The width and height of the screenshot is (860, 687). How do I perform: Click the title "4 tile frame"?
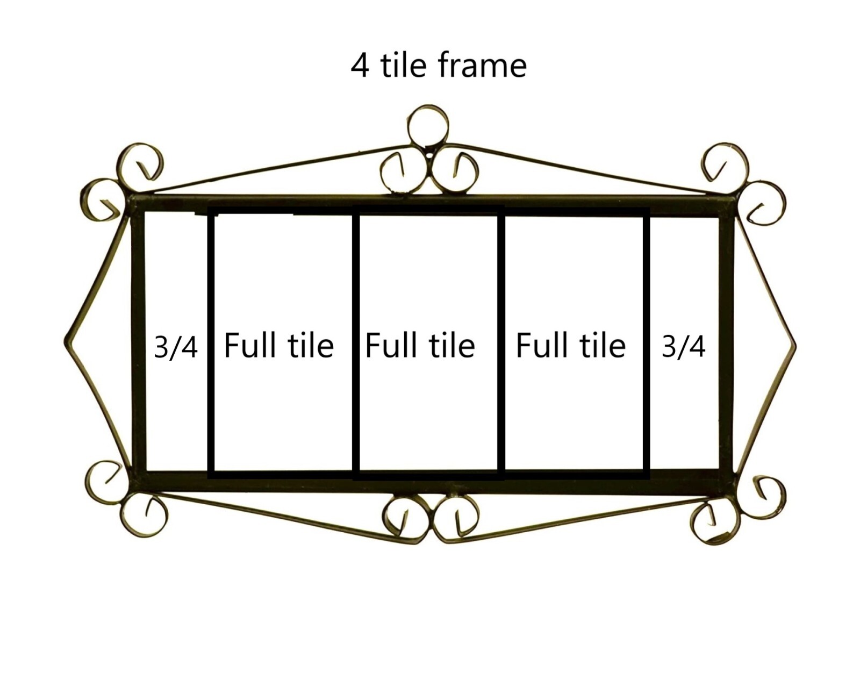[x=438, y=65]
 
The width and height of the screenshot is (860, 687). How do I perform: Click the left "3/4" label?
[x=175, y=347]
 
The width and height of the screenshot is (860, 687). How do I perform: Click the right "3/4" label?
[x=683, y=347]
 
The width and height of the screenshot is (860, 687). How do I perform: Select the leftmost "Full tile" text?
[x=278, y=345]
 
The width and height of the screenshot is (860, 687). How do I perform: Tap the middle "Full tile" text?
[x=420, y=345]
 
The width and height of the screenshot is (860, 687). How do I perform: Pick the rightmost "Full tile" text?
[x=570, y=345]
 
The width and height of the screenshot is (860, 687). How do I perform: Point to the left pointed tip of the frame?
[x=66, y=341]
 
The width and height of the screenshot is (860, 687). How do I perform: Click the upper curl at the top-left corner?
[x=140, y=163]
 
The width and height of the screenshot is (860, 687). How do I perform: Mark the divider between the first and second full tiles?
[x=356, y=344]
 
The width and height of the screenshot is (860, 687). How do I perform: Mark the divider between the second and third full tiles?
[x=501, y=344]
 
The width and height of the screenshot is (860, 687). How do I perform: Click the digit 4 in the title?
[x=360, y=66]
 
